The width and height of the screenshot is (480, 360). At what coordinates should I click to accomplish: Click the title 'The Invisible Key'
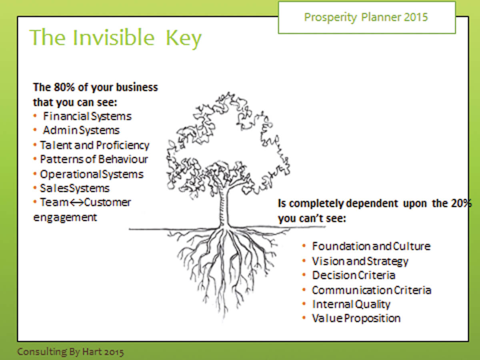click(x=116, y=38)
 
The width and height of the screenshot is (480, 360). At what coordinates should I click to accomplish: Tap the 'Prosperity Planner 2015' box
click(x=366, y=17)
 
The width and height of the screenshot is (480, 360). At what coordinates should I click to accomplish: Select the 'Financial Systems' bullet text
click(x=87, y=116)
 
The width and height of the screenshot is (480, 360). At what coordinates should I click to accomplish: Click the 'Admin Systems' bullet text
click(x=81, y=130)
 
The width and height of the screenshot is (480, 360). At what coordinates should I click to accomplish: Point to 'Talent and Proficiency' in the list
click(x=94, y=145)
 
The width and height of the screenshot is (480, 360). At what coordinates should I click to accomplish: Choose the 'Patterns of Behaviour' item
click(x=94, y=159)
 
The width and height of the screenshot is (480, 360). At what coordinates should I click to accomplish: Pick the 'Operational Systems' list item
click(x=91, y=174)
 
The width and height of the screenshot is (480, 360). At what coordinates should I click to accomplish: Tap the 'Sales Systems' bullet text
click(x=74, y=188)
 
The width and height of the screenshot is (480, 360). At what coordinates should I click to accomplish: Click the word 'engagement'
click(x=65, y=217)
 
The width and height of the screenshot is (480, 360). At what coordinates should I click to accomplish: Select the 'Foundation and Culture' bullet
click(x=371, y=246)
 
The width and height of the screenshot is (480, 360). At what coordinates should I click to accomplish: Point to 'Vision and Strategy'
click(x=360, y=261)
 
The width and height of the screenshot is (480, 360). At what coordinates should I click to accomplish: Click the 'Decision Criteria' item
click(x=354, y=275)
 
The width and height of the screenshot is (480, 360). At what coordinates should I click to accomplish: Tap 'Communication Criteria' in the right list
click(x=371, y=290)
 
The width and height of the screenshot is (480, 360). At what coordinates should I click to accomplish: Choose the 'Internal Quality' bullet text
click(x=351, y=304)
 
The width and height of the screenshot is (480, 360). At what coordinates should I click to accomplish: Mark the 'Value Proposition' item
click(x=356, y=318)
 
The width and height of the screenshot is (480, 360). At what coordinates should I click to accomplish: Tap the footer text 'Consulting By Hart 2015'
click(x=70, y=352)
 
